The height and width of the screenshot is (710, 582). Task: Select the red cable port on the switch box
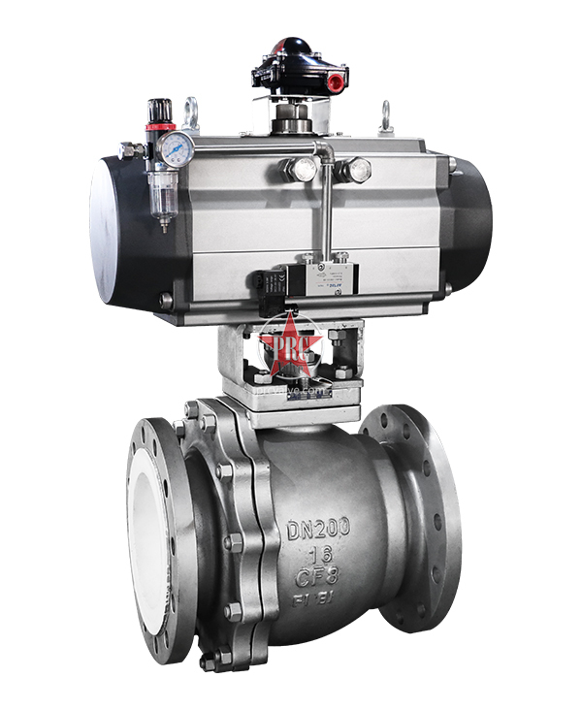tap(289, 44)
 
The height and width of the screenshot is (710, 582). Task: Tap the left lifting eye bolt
tap(191, 113)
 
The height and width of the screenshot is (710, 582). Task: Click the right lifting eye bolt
tap(385, 116)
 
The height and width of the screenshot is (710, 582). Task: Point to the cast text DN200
tap(319, 530)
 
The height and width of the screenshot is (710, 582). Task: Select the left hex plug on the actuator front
tap(299, 170)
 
